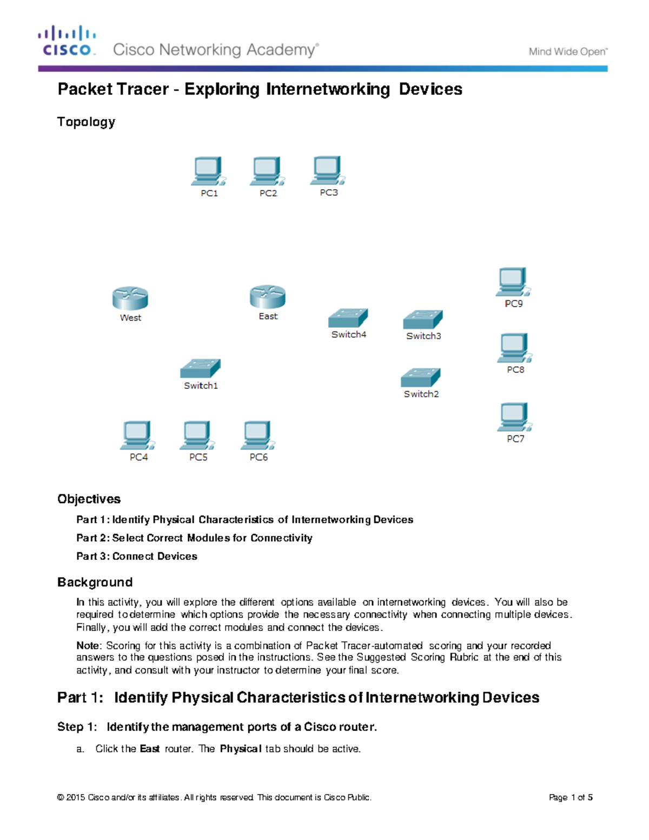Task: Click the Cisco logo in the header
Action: point(67,41)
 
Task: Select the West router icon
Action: point(130,299)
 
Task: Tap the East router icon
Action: point(268,297)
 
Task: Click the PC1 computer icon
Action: point(209,171)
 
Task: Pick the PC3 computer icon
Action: point(328,170)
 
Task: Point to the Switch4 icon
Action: point(348,318)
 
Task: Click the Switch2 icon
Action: point(421,378)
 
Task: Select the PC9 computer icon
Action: point(513,282)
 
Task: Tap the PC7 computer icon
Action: point(514,417)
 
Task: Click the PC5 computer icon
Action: point(197,436)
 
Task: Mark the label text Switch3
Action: point(423,336)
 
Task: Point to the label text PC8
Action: point(515,369)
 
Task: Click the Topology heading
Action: point(86,122)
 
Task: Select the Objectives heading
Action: point(89,499)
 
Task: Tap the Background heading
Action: point(95,582)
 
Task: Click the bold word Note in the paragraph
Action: point(88,645)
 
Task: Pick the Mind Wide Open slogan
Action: point(568,52)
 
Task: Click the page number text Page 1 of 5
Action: point(571,797)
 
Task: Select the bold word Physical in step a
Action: point(241,749)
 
